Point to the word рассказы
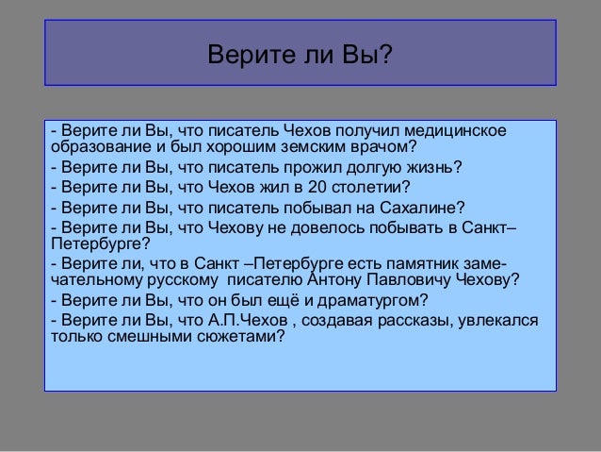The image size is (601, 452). click(x=416, y=322)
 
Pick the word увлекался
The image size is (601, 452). click(x=498, y=322)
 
